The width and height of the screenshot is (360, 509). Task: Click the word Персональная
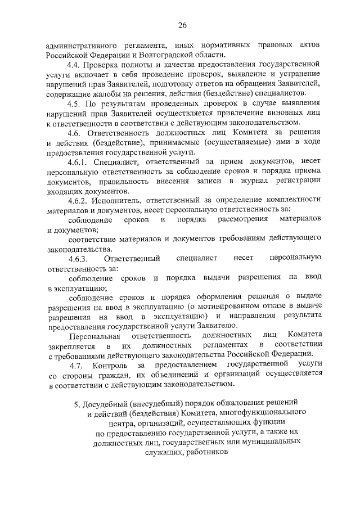click(x=93, y=335)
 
